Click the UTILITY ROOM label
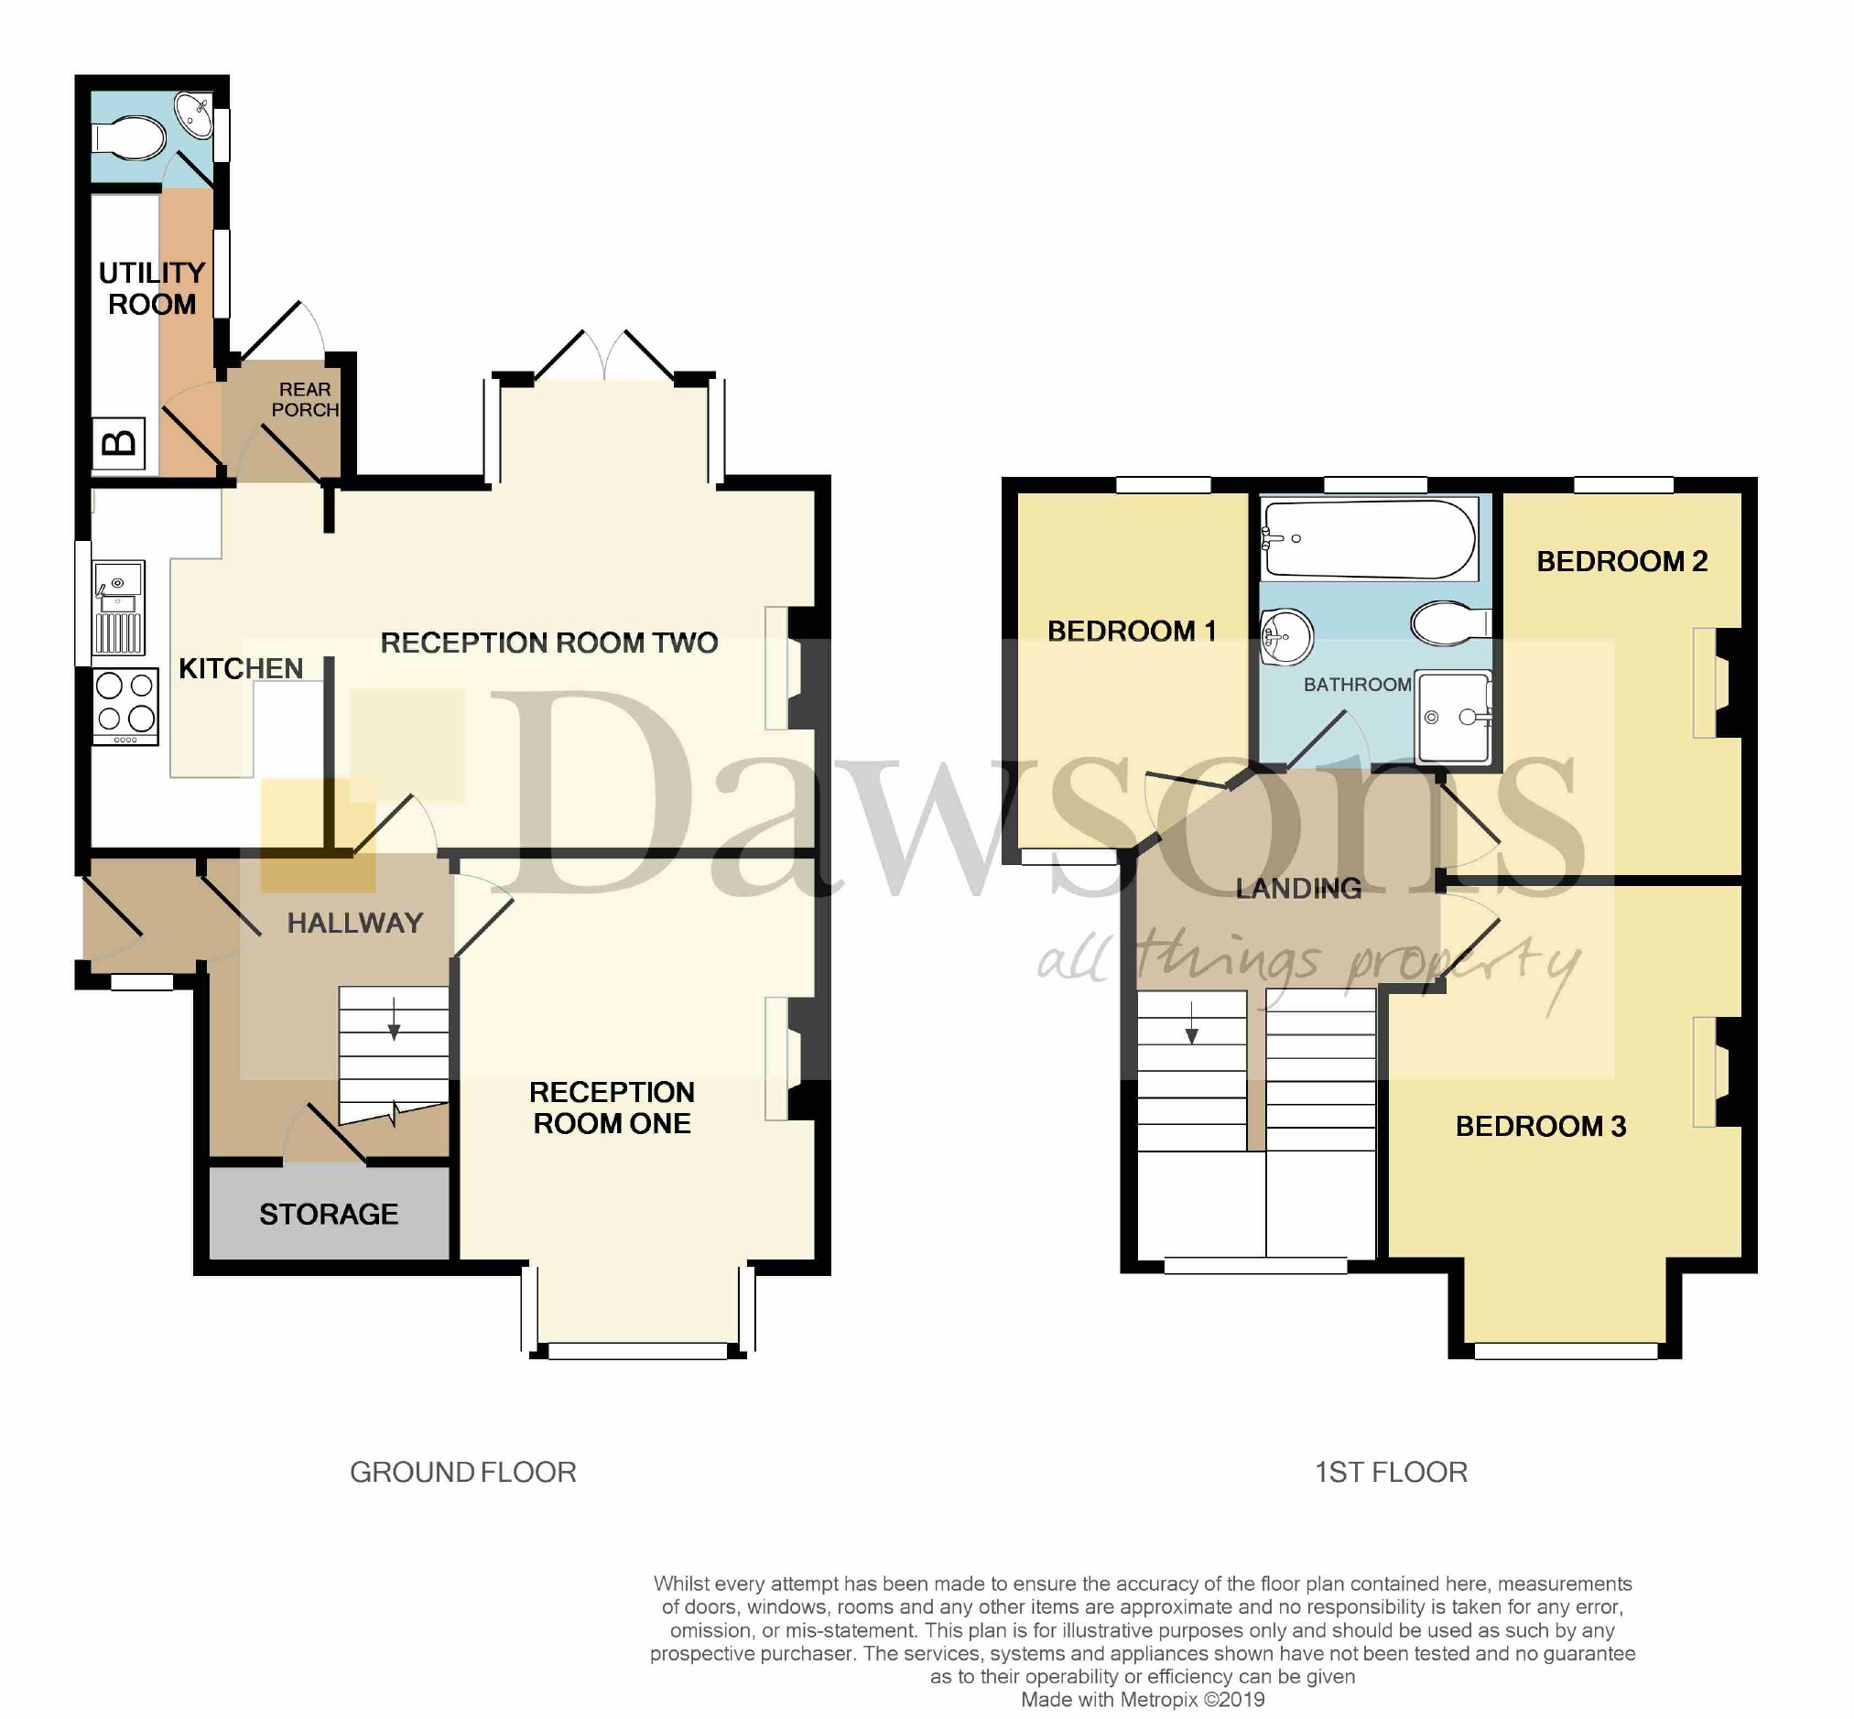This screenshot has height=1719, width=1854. (152, 288)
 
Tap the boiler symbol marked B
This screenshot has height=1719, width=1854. (118, 443)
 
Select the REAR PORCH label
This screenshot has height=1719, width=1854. (304, 399)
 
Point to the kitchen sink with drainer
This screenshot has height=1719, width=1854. (118, 608)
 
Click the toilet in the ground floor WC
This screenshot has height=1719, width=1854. (129, 137)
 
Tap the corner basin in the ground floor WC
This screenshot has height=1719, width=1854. (193, 114)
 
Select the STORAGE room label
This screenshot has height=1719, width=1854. (329, 1214)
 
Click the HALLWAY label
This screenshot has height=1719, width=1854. (354, 923)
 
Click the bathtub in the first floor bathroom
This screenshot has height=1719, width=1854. (1369, 539)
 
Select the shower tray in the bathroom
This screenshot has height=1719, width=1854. (1453, 715)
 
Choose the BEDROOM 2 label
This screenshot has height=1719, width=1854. (1621, 561)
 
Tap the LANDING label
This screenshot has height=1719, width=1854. (1297, 889)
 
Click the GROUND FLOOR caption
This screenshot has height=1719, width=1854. (462, 1472)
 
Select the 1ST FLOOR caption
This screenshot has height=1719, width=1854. (1391, 1472)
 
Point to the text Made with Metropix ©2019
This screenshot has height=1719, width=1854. (1143, 1700)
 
